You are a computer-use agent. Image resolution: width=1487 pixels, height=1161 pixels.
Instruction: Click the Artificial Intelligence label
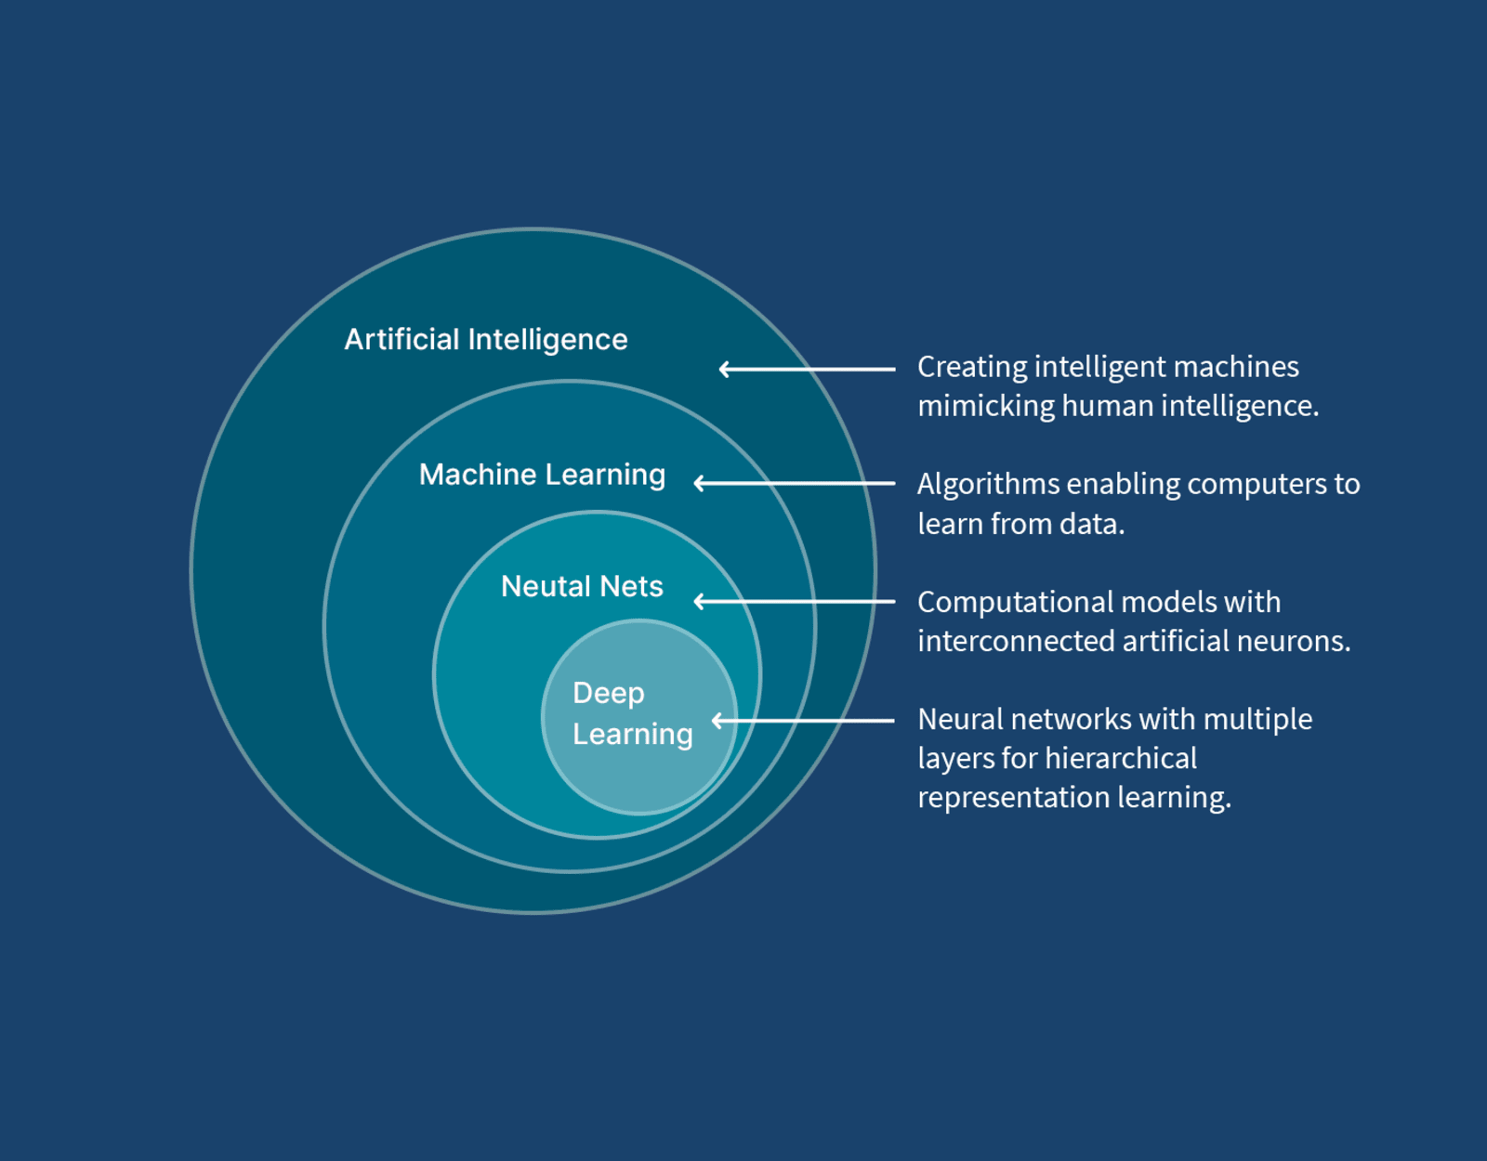click(486, 340)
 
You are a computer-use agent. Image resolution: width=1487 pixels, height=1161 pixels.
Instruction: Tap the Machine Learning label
click(542, 475)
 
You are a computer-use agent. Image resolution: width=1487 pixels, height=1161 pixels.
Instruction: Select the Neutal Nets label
click(582, 587)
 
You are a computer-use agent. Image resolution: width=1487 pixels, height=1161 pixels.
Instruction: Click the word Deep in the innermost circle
click(609, 693)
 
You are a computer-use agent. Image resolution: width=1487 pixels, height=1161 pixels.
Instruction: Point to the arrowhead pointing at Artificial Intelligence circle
click(724, 369)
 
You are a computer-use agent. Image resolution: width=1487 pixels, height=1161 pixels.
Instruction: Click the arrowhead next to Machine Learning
click(699, 483)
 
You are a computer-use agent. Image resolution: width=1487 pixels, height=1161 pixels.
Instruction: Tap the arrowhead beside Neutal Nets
click(699, 602)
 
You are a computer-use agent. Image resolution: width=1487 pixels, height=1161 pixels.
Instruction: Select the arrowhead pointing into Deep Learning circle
click(717, 720)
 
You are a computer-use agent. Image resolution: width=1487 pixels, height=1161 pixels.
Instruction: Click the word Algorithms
click(988, 485)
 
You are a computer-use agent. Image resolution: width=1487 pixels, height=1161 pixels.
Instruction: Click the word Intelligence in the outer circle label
click(547, 340)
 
